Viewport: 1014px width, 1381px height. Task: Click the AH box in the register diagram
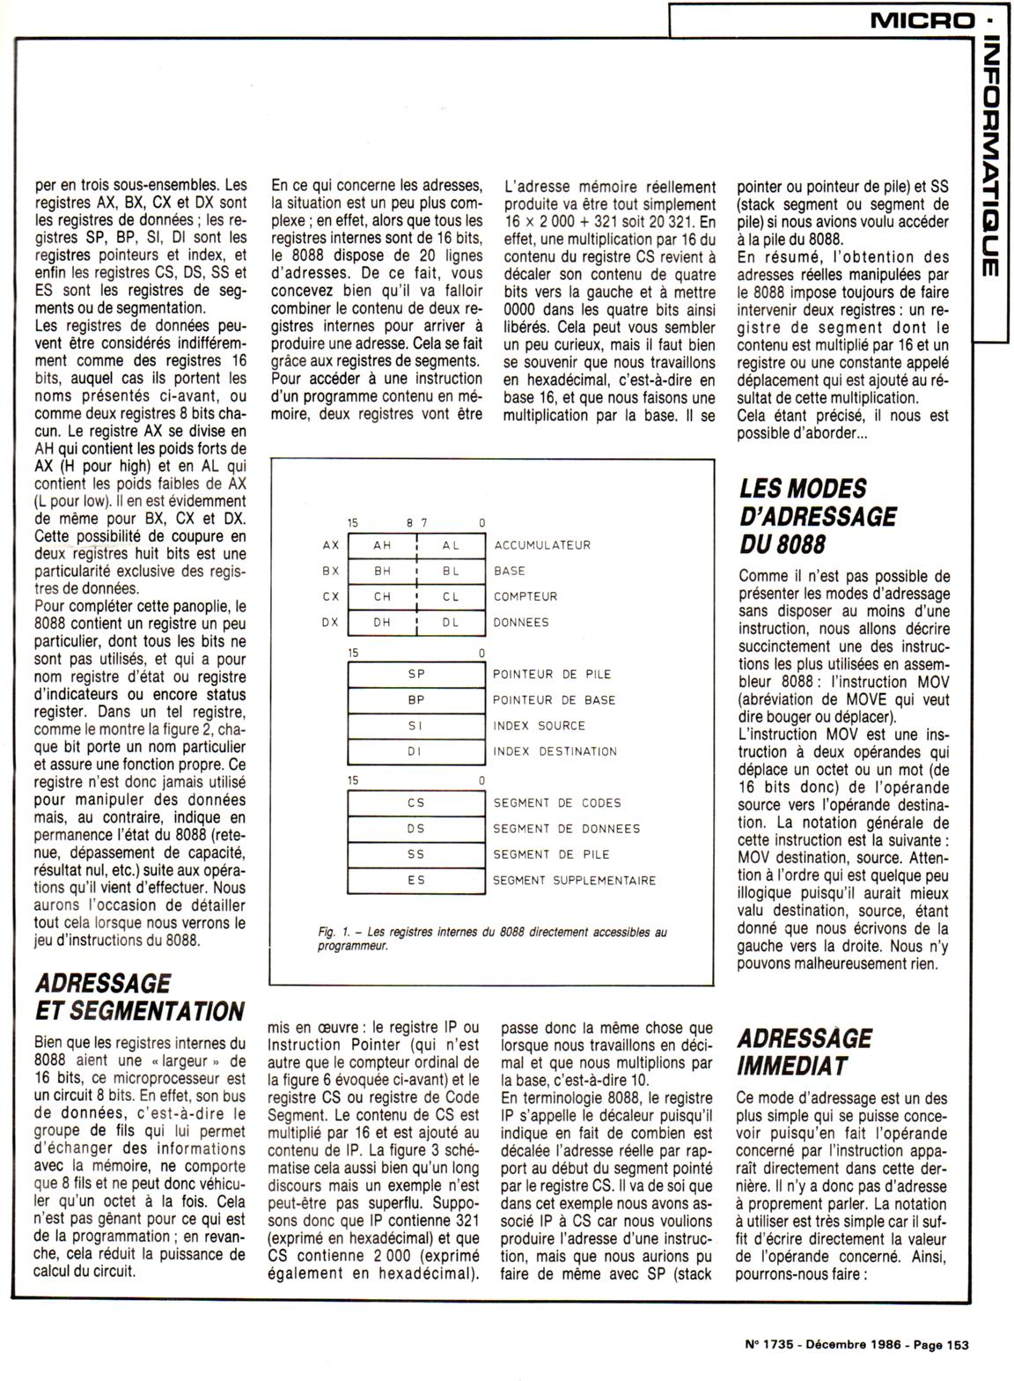(x=382, y=545)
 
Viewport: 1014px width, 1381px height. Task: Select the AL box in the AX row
(x=451, y=545)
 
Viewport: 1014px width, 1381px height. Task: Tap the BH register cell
(x=382, y=571)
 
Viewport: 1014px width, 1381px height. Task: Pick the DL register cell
(x=451, y=622)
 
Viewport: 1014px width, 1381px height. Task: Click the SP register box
(x=416, y=674)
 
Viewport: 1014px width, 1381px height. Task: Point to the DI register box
(x=416, y=751)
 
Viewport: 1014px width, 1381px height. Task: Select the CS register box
(x=416, y=802)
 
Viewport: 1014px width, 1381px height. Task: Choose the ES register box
(x=416, y=880)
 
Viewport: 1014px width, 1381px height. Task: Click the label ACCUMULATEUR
(x=542, y=545)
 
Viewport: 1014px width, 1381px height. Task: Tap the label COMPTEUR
(x=525, y=596)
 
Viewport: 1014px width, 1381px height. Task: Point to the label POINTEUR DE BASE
(x=555, y=700)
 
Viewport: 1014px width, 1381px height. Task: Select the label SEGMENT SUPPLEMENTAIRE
(x=574, y=880)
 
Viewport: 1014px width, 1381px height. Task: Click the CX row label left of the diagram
(x=331, y=596)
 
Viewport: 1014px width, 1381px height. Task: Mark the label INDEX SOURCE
(x=539, y=726)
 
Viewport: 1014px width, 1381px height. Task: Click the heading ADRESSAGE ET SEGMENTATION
(x=138, y=996)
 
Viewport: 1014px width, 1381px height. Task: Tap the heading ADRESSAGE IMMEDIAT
(x=805, y=1052)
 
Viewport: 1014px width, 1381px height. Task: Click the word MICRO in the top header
(x=922, y=18)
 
